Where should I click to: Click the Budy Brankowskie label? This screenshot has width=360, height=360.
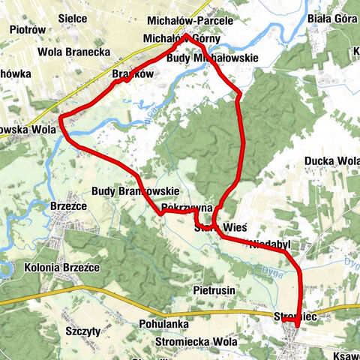pos(135,191)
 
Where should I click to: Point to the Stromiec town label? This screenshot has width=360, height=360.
pos(299,319)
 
